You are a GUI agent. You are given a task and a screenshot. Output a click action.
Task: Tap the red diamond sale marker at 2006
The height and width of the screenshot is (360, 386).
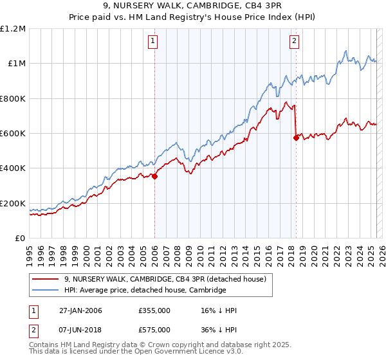[x=155, y=177]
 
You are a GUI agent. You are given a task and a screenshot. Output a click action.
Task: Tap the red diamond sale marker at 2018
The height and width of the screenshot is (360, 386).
[x=296, y=137]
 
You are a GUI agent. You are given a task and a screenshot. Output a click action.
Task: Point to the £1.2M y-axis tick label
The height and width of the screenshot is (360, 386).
[x=13, y=29]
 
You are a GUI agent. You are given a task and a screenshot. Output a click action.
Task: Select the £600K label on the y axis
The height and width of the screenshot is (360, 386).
[x=13, y=134]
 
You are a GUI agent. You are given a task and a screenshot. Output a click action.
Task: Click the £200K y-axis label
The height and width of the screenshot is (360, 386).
[x=13, y=204]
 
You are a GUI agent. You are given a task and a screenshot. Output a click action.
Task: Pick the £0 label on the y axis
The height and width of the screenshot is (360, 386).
[x=20, y=239]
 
